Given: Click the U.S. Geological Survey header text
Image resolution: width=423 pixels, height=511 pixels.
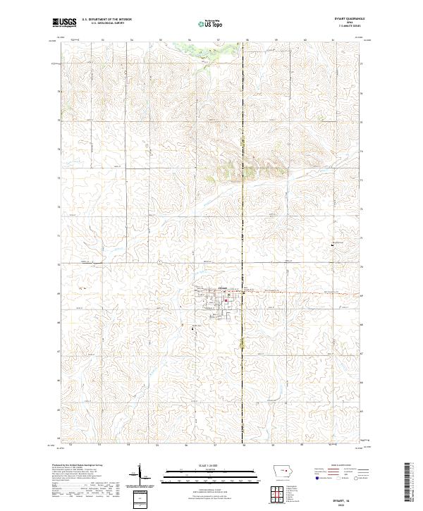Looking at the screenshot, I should click(x=106, y=23).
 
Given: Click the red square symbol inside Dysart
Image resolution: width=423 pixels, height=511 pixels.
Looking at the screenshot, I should click(x=226, y=303).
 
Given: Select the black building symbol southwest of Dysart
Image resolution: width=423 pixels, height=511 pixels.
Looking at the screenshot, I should click(x=193, y=325).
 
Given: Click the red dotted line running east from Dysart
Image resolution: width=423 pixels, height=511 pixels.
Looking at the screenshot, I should click(x=296, y=293).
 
